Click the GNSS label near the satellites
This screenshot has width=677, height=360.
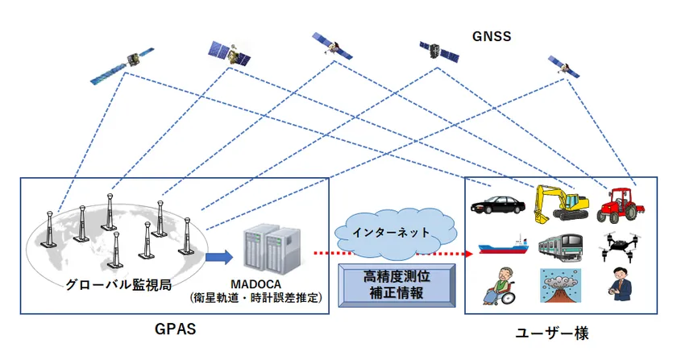tap(492, 36)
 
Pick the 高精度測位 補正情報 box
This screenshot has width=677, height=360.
tap(397, 283)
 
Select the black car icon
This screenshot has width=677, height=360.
tap(495, 203)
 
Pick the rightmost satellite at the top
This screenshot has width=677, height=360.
tap(565, 68)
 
